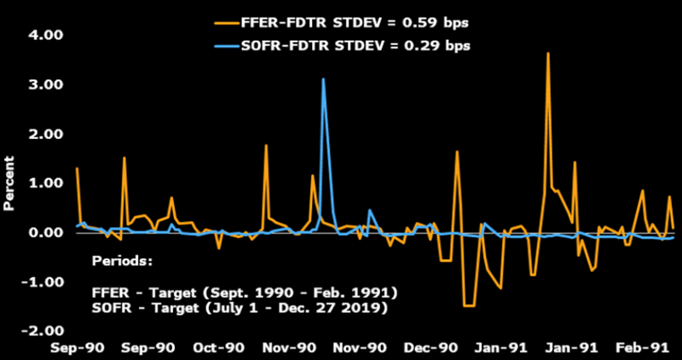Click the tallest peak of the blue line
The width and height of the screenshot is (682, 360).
[324, 79]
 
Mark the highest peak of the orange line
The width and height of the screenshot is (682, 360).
[548, 54]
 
